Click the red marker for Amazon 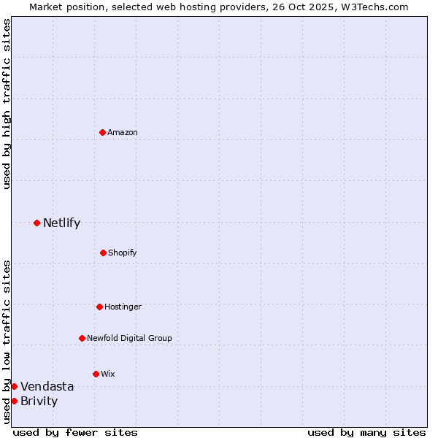coord(102,132)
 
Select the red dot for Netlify coord(36,223)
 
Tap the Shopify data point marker coord(103,253)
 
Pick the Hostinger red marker coord(99,307)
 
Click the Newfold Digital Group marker coord(82,338)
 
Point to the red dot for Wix coord(96,374)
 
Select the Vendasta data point coord(14,386)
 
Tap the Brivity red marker coord(14,401)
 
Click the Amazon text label coord(123,132)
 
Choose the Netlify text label coord(61,223)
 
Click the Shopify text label coord(123,253)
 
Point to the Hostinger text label coord(123,307)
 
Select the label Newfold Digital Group coord(129,338)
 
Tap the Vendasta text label coord(47,386)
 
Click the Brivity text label coord(39,401)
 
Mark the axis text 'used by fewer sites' coord(75,432)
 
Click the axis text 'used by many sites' coord(366,432)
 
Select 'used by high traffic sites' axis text coord(7,104)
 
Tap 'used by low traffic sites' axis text coord(7,342)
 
